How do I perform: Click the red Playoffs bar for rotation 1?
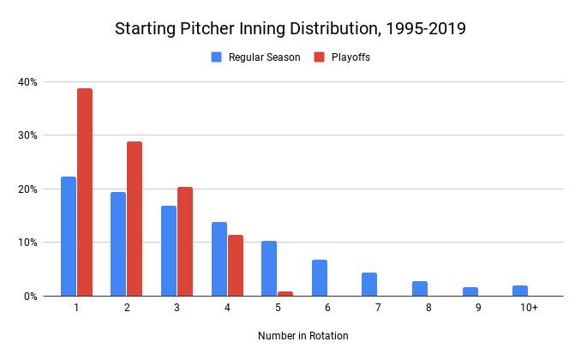85,192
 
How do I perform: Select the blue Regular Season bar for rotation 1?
69,236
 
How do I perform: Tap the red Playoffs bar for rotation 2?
135,219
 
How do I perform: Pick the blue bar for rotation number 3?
169,250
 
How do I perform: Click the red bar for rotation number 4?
235,265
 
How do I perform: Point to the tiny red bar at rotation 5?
285,293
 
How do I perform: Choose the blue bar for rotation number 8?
419,288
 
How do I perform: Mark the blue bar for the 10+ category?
520,291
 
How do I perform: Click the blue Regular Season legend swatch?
217,57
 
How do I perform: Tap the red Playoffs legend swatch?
319,57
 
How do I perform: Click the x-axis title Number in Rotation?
303,336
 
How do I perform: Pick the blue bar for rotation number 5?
269,268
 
